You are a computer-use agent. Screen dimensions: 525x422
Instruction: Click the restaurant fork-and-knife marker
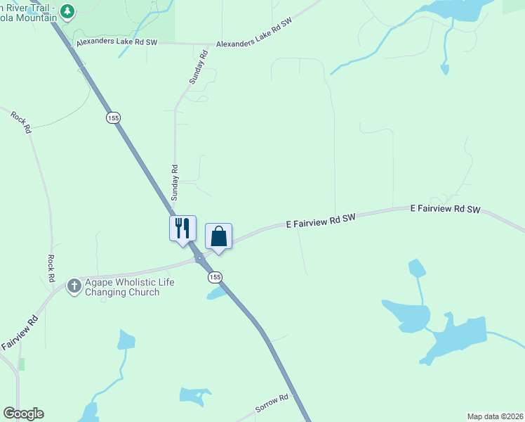(x=182, y=228)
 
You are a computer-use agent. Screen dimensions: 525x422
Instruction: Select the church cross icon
(x=74, y=286)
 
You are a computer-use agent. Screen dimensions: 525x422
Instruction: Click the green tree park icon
(x=67, y=11)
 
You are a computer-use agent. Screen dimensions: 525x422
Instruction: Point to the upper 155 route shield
(x=113, y=117)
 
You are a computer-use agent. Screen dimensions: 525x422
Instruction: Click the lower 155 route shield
(x=215, y=278)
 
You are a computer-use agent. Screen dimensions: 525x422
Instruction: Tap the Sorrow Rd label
(x=272, y=403)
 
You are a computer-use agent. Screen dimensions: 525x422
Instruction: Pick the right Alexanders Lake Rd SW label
(x=253, y=34)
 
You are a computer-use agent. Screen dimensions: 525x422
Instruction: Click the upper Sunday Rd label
(x=199, y=68)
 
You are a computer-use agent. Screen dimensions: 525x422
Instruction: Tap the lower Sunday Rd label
(x=175, y=181)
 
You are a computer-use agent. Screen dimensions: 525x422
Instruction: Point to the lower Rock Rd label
(x=51, y=269)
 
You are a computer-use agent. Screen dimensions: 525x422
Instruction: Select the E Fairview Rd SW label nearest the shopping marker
(x=321, y=220)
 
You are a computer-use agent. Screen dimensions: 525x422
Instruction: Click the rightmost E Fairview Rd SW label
(x=445, y=209)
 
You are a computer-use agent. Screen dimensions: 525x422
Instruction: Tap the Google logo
(x=23, y=414)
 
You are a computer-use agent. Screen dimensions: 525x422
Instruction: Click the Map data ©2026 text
(x=495, y=416)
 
